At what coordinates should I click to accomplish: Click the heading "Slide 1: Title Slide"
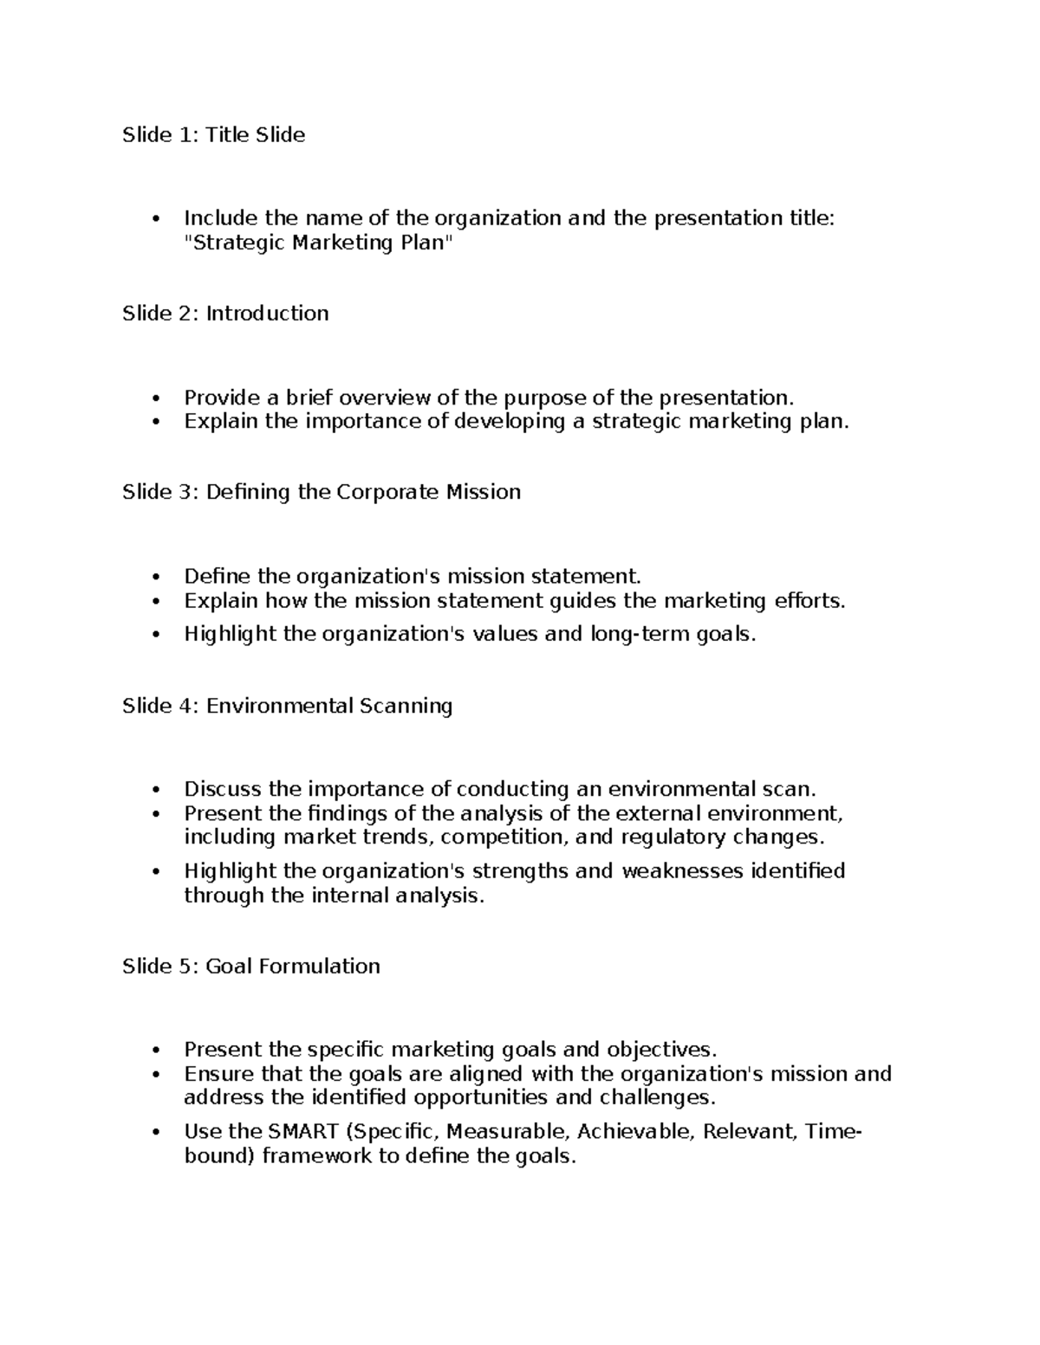[213, 135]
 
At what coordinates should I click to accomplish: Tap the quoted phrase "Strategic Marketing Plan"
[319, 242]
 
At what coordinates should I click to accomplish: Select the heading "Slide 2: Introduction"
[225, 314]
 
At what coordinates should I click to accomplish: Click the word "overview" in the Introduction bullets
[385, 398]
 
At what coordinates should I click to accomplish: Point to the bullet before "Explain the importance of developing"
[156, 422]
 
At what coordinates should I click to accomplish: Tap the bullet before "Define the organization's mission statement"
[156, 577]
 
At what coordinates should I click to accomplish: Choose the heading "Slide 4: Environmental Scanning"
[287, 706]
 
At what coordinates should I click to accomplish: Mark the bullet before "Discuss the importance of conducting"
[156, 790]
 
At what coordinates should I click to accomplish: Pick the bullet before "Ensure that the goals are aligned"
[156, 1075]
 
